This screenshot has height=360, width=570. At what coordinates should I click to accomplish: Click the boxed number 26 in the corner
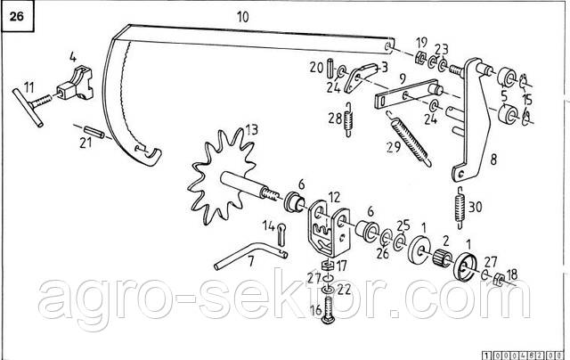[18, 17]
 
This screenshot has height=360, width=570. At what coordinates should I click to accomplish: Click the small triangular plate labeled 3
[358, 79]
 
